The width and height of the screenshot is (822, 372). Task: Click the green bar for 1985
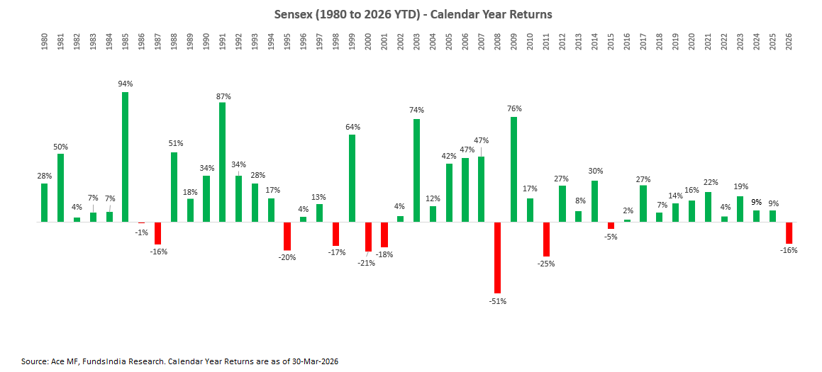(x=125, y=157)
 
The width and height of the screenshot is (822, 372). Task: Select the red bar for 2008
(x=497, y=257)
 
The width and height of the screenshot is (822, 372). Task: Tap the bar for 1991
(x=222, y=162)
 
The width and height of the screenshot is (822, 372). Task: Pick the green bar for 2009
(x=513, y=169)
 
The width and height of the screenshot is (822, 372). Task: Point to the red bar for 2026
(x=789, y=232)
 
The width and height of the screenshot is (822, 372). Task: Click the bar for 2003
(x=416, y=170)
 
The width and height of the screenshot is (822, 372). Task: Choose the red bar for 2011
(x=546, y=239)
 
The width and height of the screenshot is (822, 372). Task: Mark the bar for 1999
(x=352, y=178)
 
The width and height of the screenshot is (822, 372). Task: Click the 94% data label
(x=126, y=84)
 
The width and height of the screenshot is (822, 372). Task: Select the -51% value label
(x=498, y=301)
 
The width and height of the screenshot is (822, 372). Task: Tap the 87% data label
(x=223, y=96)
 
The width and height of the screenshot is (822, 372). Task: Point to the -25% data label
(x=546, y=264)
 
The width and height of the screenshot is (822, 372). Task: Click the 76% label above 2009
(x=514, y=108)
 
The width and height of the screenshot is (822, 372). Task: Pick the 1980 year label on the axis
(x=44, y=40)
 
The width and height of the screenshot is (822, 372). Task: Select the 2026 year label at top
(x=789, y=40)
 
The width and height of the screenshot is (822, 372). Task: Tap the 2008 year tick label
(x=497, y=40)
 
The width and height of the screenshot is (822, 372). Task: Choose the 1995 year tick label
(x=287, y=40)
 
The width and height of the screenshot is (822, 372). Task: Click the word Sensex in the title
(x=291, y=14)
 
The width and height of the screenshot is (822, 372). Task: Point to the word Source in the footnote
(x=34, y=361)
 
